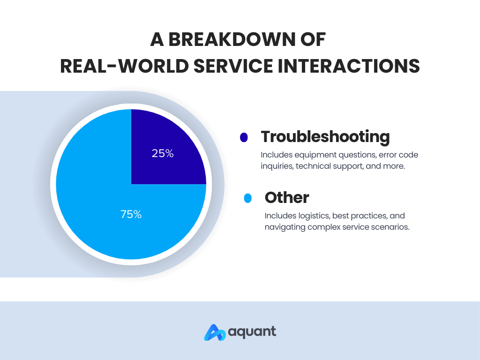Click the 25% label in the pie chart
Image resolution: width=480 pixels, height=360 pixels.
[163, 153]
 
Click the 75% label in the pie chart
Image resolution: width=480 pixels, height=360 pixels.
[131, 214]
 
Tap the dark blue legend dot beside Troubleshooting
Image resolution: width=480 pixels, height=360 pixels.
[244, 137]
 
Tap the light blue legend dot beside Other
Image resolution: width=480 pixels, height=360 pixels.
[247, 198]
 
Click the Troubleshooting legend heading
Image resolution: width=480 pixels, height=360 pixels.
[325, 136]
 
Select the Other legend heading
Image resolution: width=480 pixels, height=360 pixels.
[287, 197]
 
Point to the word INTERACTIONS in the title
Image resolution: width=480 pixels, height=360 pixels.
[349, 66]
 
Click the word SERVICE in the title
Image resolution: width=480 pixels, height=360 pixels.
[233, 66]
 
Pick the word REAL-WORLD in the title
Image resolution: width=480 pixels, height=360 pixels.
[124, 66]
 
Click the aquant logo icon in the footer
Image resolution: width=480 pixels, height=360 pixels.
[215, 332]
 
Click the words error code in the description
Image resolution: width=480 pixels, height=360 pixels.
[398, 155]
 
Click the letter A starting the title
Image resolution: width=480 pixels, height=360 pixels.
[157, 39]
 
